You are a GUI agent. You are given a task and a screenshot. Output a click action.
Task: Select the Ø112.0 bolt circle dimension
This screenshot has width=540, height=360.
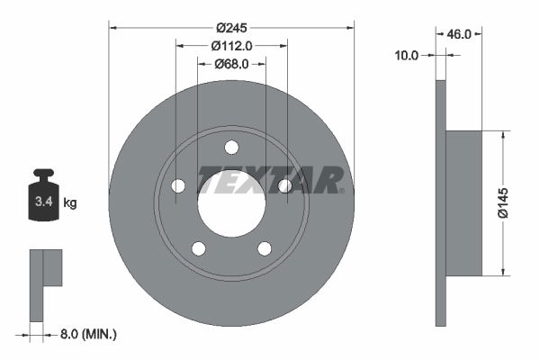coord(231,45)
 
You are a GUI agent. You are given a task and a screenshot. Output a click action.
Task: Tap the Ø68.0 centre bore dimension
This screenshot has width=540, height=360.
coord(231,63)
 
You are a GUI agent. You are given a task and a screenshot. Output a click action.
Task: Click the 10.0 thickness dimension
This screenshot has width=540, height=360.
coord(408,56)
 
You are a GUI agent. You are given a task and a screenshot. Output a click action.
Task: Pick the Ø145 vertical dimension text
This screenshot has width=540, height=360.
coord(517,202)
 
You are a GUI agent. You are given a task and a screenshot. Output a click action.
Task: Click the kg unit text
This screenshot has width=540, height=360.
coord(70,203)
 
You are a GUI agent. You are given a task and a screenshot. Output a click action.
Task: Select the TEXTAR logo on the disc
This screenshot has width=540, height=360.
coord(270,180)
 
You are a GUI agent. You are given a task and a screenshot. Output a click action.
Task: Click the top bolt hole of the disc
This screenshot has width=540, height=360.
coord(231,147)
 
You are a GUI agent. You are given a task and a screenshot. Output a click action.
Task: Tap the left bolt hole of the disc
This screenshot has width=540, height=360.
coord(178,185)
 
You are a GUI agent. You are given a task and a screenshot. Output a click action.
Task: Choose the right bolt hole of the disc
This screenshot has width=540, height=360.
coord(284,185)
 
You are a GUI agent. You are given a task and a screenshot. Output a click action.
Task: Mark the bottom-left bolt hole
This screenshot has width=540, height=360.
coord(199,248)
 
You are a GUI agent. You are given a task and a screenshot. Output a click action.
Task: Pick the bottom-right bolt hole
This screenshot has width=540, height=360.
coord(265,248)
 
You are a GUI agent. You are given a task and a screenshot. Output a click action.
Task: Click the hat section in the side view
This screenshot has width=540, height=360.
coord(463,202)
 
